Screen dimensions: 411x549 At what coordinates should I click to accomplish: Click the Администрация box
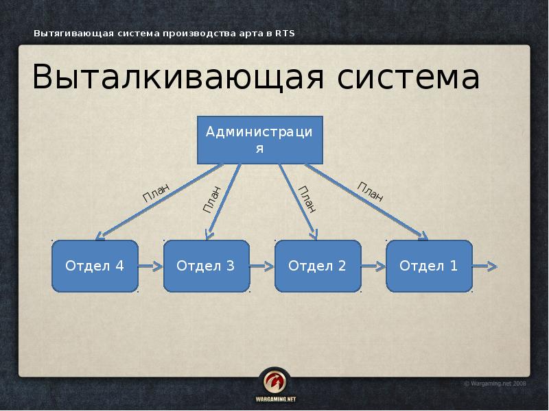point(259,140)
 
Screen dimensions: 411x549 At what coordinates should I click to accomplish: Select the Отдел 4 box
point(95,266)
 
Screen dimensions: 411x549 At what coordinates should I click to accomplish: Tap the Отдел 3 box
point(206,266)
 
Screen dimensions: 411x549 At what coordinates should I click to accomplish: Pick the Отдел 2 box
point(317,266)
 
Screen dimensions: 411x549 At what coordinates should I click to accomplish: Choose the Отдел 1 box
point(429,266)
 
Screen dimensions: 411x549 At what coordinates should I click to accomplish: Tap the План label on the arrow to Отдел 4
point(156,193)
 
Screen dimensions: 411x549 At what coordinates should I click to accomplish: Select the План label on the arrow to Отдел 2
point(307,199)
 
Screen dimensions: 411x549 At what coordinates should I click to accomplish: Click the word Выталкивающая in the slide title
point(178,79)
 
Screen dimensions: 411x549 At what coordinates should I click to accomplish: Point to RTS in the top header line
point(285,34)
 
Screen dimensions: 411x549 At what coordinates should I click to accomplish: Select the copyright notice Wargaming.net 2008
point(495,384)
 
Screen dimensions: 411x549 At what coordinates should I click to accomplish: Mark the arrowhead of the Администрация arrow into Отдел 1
point(421,236)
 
